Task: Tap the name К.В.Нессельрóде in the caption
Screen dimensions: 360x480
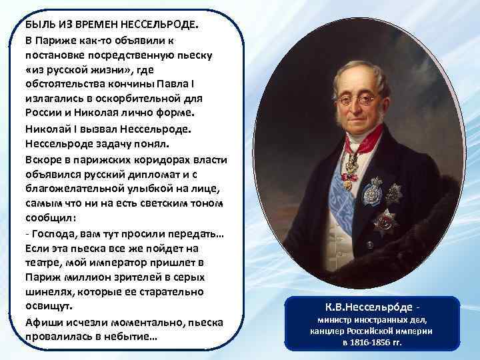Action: tap(367, 309)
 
